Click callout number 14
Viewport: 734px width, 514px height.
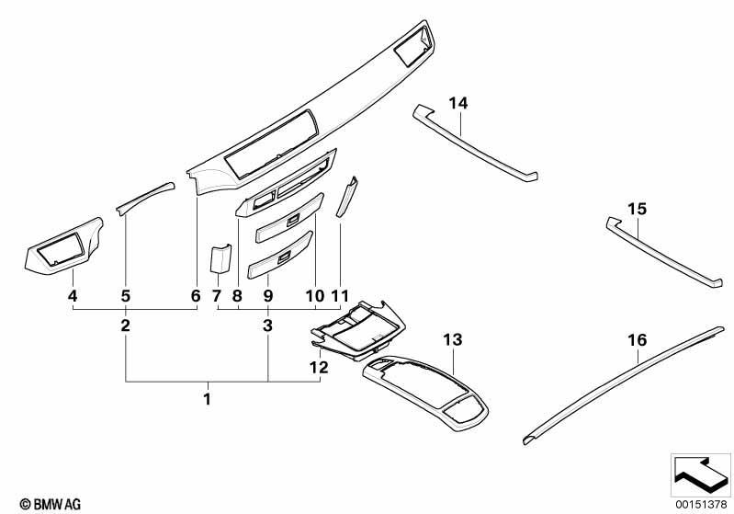click(x=457, y=102)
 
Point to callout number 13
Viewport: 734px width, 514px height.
click(x=452, y=339)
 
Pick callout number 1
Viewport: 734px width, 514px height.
click(x=208, y=399)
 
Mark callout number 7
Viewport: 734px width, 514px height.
click(x=217, y=296)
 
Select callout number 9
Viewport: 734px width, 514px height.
click(x=268, y=296)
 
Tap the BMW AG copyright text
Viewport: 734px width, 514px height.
click(x=33, y=503)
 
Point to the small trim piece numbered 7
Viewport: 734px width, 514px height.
click(x=219, y=258)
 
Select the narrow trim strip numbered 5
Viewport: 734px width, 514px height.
click(x=144, y=196)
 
